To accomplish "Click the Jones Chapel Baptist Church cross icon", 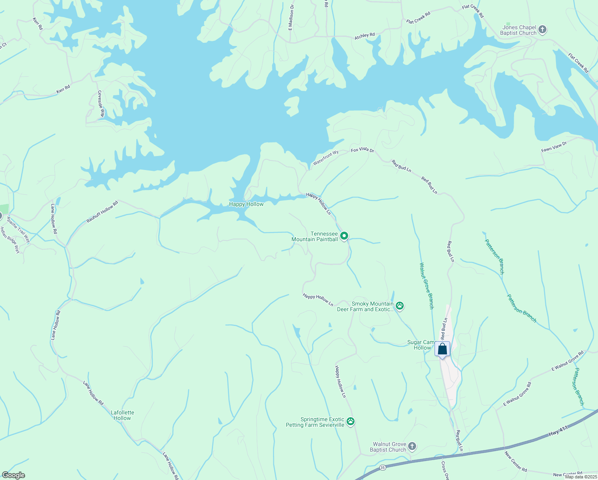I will (x=542, y=30).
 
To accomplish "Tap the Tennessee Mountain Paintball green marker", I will (x=344, y=236).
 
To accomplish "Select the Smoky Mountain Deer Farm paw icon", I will (x=400, y=306).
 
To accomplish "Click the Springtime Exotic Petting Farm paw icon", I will (x=351, y=422).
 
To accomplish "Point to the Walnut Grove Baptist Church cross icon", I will (x=412, y=446).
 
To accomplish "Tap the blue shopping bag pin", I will (x=442, y=349).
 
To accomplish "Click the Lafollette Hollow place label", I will (x=122, y=415).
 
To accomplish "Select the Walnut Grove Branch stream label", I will (x=426, y=286).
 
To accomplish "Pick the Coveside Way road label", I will (x=101, y=104).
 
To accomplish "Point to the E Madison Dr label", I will (x=291, y=18).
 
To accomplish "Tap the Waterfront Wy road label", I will (x=325, y=158).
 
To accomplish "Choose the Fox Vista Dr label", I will (x=362, y=150).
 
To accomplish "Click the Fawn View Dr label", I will (x=554, y=147).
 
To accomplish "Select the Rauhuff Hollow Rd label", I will (x=102, y=212).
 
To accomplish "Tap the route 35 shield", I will (x=383, y=467).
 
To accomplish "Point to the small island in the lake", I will (x=292, y=106).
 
